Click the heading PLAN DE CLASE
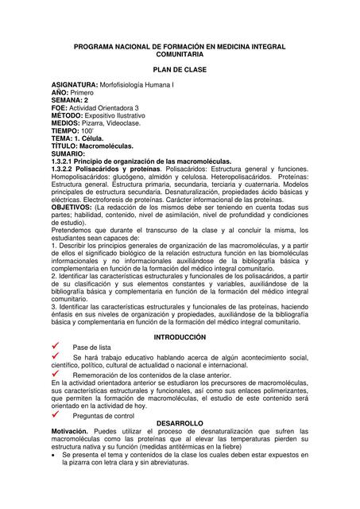[x=179, y=69]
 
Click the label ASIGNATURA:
[x=74, y=84]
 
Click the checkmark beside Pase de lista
[x=57, y=347]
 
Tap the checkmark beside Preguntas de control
[x=57, y=414]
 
